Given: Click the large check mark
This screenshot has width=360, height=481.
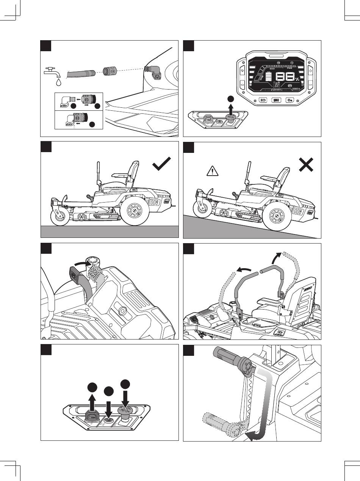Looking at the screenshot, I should (x=161, y=164).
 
